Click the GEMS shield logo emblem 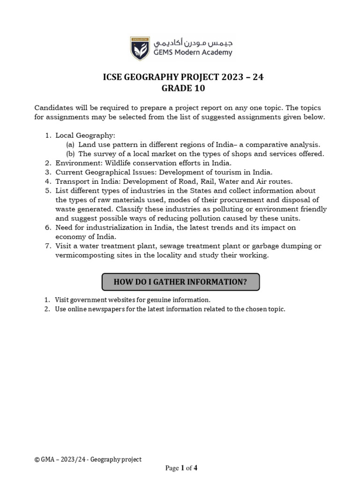140,48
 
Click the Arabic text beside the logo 193,43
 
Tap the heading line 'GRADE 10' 183,89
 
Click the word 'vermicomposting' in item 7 84,255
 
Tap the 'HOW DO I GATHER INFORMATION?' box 180,282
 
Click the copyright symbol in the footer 37,460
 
